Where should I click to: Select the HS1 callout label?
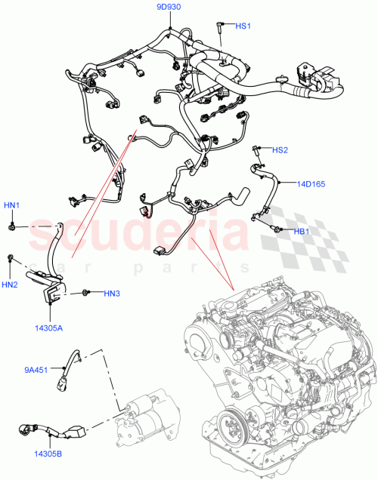point(243,26)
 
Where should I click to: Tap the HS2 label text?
point(280,150)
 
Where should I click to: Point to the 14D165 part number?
point(310,183)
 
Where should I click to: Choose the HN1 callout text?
point(12,205)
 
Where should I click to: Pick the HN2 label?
point(10,285)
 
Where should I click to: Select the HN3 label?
point(111,293)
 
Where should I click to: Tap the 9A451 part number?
point(35,370)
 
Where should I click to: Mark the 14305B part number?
point(48,454)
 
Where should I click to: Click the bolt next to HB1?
point(277,229)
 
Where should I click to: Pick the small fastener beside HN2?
point(11,259)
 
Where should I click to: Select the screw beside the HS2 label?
point(258,149)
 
